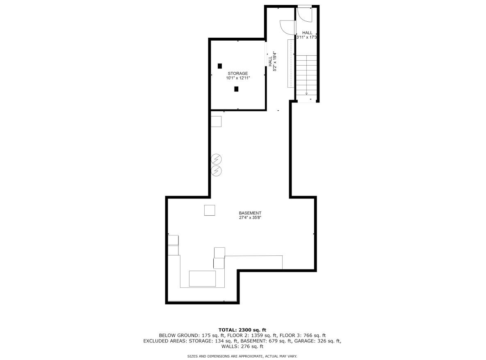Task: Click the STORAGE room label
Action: (x=238, y=73)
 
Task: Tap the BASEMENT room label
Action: (x=250, y=213)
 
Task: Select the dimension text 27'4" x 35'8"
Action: (x=250, y=218)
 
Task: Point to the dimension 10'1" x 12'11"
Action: (x=238, y=78)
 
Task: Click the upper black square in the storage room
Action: (x=220, y=66)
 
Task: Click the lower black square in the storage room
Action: (x=236, y=89)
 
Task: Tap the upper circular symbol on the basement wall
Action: (x=216, y=159)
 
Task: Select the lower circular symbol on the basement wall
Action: (x=216, y=170)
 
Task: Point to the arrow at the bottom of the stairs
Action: (x=306, y=93)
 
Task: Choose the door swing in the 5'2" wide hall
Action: (x=287, y=27)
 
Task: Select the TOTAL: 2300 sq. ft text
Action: (x=242, y=329)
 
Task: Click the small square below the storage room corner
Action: (x=216, y=121)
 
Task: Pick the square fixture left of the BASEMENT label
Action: (x=210, y=210)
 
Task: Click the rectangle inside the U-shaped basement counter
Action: (x=202, y=278)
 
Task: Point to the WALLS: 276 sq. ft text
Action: (x=242, y=346)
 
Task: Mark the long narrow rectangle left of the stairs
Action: (x=290, y=63)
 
